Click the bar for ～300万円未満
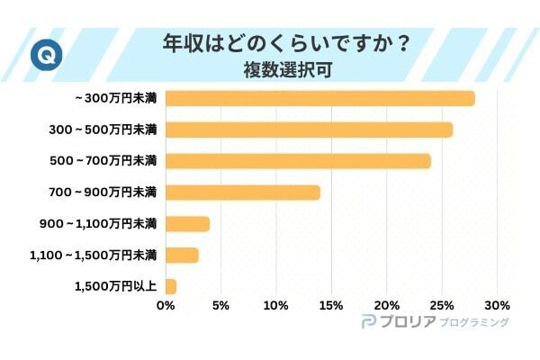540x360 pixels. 319,98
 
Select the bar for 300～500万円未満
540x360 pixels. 309,130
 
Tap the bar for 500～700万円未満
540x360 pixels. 298,161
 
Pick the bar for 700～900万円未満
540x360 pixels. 242,193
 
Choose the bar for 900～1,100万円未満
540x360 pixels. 187,224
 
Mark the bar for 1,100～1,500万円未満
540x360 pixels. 182,256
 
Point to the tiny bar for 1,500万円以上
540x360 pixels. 171,287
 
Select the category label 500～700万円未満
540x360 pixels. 103,161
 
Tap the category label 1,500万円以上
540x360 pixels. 115,287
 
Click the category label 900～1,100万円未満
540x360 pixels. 99,224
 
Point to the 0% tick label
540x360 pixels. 166,305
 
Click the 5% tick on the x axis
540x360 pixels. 220,305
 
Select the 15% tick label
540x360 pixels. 331,305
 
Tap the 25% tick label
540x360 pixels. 442,305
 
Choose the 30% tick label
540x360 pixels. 497,305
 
